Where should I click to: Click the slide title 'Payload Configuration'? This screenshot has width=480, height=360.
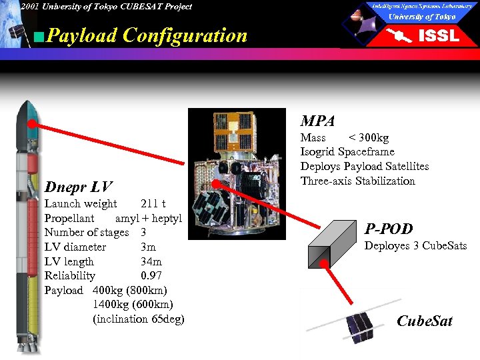point(147,35)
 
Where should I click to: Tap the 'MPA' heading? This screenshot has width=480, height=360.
point(317,121)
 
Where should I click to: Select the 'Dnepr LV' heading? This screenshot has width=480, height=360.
point(78,187)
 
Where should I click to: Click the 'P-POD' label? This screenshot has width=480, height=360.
point(388,229)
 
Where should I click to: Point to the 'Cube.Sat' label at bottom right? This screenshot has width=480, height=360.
point(424,321)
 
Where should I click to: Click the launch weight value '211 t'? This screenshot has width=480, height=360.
point(153,204)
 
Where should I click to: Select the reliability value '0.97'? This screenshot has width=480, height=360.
point(151,276)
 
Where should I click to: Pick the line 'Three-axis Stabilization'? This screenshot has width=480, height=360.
point(357,181)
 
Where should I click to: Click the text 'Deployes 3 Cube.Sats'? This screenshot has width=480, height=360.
point(415,247)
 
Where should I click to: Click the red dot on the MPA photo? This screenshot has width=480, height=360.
point(215,183)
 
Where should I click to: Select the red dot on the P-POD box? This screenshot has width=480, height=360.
point(325,263)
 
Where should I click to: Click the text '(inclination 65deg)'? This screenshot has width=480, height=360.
point(139,319)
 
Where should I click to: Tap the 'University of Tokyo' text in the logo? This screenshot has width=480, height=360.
point(422,17)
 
